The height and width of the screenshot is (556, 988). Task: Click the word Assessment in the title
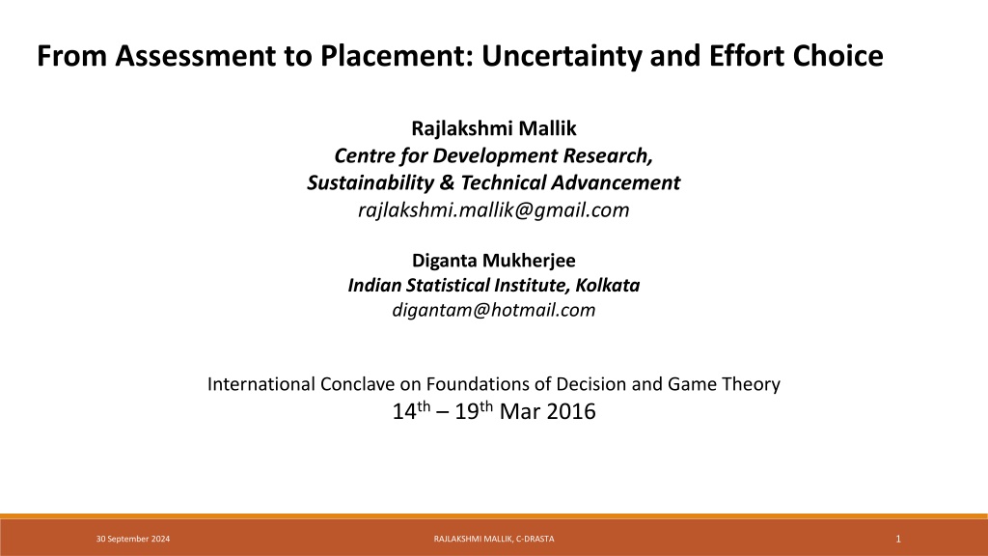(x=195, y=55)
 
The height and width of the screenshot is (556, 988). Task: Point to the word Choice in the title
(x=838, y=55)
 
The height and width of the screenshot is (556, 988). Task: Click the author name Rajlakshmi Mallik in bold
(x=494, y=128)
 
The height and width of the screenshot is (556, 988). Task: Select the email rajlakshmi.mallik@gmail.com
(x=494, y=209)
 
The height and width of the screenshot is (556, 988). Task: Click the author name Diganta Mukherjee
(x=494, y=261)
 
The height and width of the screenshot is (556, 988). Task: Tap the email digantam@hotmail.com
(x=494, y=310)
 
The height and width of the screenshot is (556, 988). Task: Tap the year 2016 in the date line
(x=571, y=411)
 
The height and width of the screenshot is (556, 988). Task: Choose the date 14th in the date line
(x=411, y=411)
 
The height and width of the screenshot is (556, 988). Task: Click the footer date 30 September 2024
(x=133, y=539)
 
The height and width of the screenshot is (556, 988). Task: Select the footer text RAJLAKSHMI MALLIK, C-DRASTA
(x=494, y=539)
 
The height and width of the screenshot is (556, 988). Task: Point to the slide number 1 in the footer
(x=898, y=539)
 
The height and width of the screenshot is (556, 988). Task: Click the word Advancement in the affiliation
(x=616, y=182)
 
